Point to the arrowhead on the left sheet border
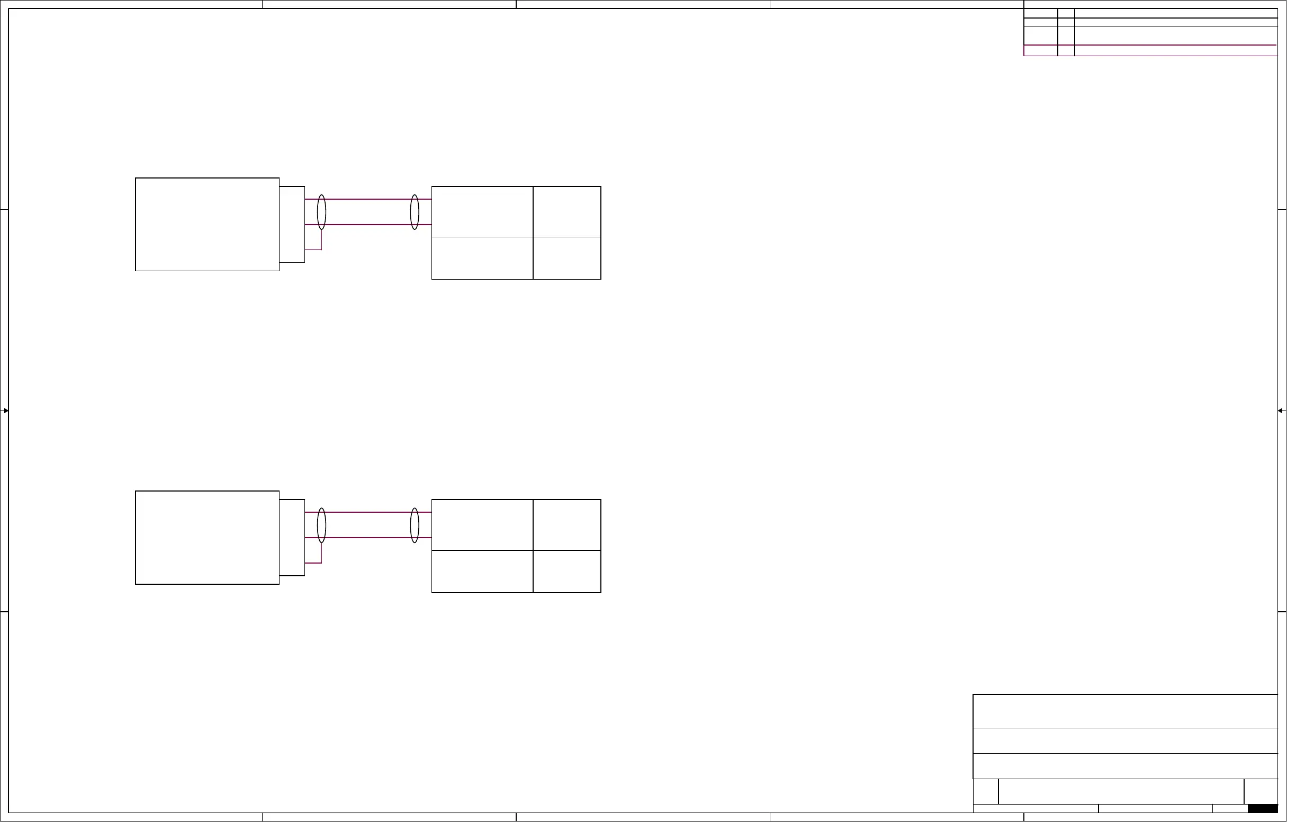coord(5,414)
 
